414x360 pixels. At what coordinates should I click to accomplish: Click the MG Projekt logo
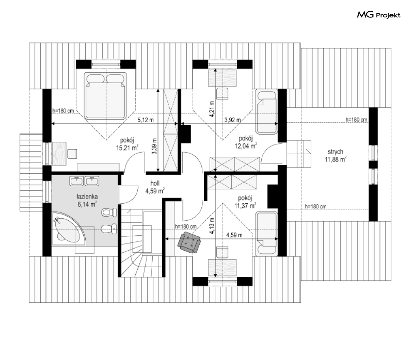coord(379,15)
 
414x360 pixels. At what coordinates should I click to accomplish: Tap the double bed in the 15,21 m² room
coord(105,96)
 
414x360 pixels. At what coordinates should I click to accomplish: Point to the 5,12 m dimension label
coord(146,120)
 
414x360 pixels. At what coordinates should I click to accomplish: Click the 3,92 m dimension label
coord(233,120)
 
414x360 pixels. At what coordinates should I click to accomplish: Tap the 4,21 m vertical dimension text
coord(211,108)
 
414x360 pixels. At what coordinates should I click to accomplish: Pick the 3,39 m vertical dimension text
coord(154,146)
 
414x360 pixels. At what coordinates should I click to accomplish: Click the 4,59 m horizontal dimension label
coord(234,235)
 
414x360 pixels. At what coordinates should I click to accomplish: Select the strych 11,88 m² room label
coord(336,155)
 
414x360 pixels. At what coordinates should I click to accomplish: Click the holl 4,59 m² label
coord(155,187)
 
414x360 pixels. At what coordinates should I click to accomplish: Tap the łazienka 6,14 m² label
coord(87,200)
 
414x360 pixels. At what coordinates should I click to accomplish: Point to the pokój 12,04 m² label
coord(246,142)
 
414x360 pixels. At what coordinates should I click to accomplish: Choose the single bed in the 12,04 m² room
coord(266,112)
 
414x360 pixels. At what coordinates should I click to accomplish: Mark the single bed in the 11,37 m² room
coord(266,234)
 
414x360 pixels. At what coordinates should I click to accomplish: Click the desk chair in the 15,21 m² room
coord(72,154)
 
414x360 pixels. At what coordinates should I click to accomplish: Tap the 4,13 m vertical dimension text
coord(211,226)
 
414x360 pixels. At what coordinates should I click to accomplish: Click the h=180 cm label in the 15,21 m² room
coord(63,111)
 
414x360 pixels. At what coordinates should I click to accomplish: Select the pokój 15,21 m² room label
coord(127,144)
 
